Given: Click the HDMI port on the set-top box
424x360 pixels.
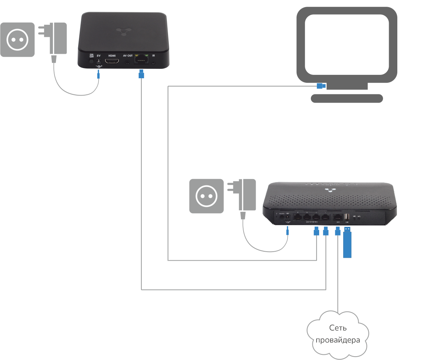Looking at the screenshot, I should tap(112, 61).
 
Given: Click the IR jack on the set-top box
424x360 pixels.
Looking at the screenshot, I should tap(153, 62).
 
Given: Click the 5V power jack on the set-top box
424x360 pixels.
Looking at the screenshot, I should tap(99, 61).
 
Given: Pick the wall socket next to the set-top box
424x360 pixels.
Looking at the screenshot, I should tap(17, 39).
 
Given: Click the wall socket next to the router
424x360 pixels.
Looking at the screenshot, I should tap(206, 196).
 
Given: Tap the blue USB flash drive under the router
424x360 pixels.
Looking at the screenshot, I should tap(347, 245).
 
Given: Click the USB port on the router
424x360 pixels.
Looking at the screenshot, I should tap(347, 217).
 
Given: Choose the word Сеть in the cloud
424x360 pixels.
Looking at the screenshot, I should tap(338, 328).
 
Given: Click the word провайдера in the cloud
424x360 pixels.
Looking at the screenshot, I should tap(338, 340).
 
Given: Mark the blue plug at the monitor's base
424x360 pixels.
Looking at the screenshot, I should tap(321, 86).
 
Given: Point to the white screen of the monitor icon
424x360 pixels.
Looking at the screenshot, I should tap(347, 44).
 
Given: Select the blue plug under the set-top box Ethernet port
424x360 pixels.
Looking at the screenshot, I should tap(141, 75).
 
